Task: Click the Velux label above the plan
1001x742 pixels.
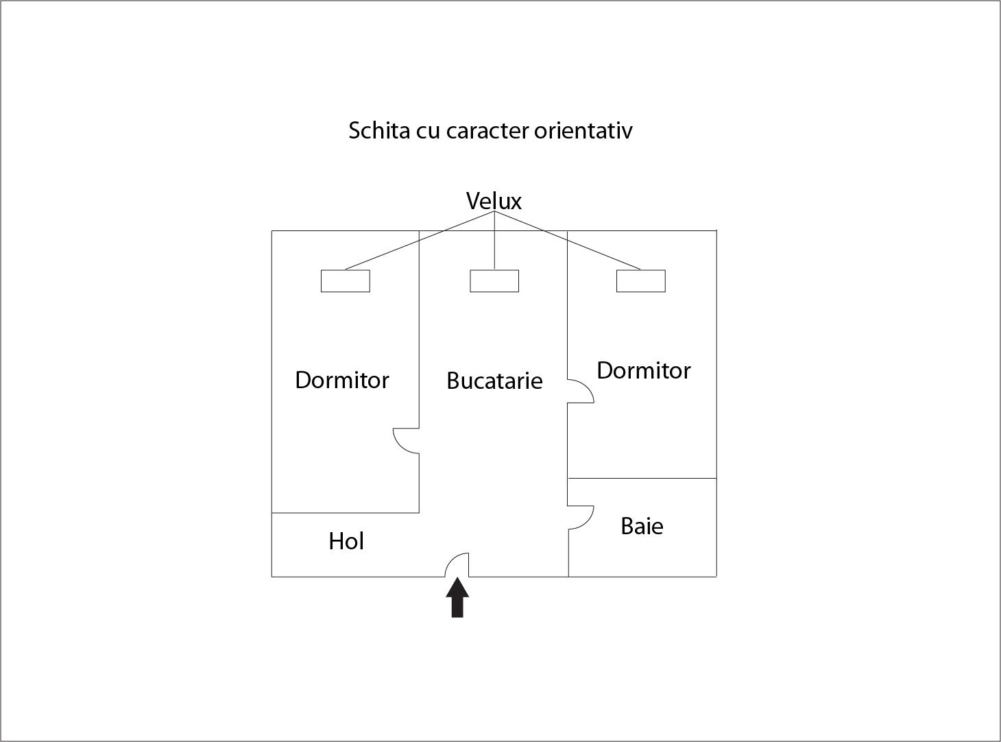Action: [x=494, y=201]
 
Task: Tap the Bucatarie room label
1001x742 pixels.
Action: [x=494, y=381]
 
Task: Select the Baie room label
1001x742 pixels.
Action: [x=642, y=526]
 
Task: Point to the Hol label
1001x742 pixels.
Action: [x=346, y=540]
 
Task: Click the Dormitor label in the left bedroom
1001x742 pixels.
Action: [x=341, y=380]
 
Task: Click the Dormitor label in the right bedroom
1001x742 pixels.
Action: [x=644, y=370]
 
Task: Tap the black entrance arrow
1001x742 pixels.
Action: [x=457, y=597]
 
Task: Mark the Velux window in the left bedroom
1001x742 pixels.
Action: [x=346, y=281]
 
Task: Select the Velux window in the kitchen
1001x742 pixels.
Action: [x=494, y=281]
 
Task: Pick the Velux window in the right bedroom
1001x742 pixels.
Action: [x=641, y=281]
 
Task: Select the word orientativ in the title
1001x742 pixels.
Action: [x=583, y=130]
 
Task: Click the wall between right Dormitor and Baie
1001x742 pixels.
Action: [x=642, y=478]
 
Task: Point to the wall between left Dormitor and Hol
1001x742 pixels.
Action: [x=346, y=512]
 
